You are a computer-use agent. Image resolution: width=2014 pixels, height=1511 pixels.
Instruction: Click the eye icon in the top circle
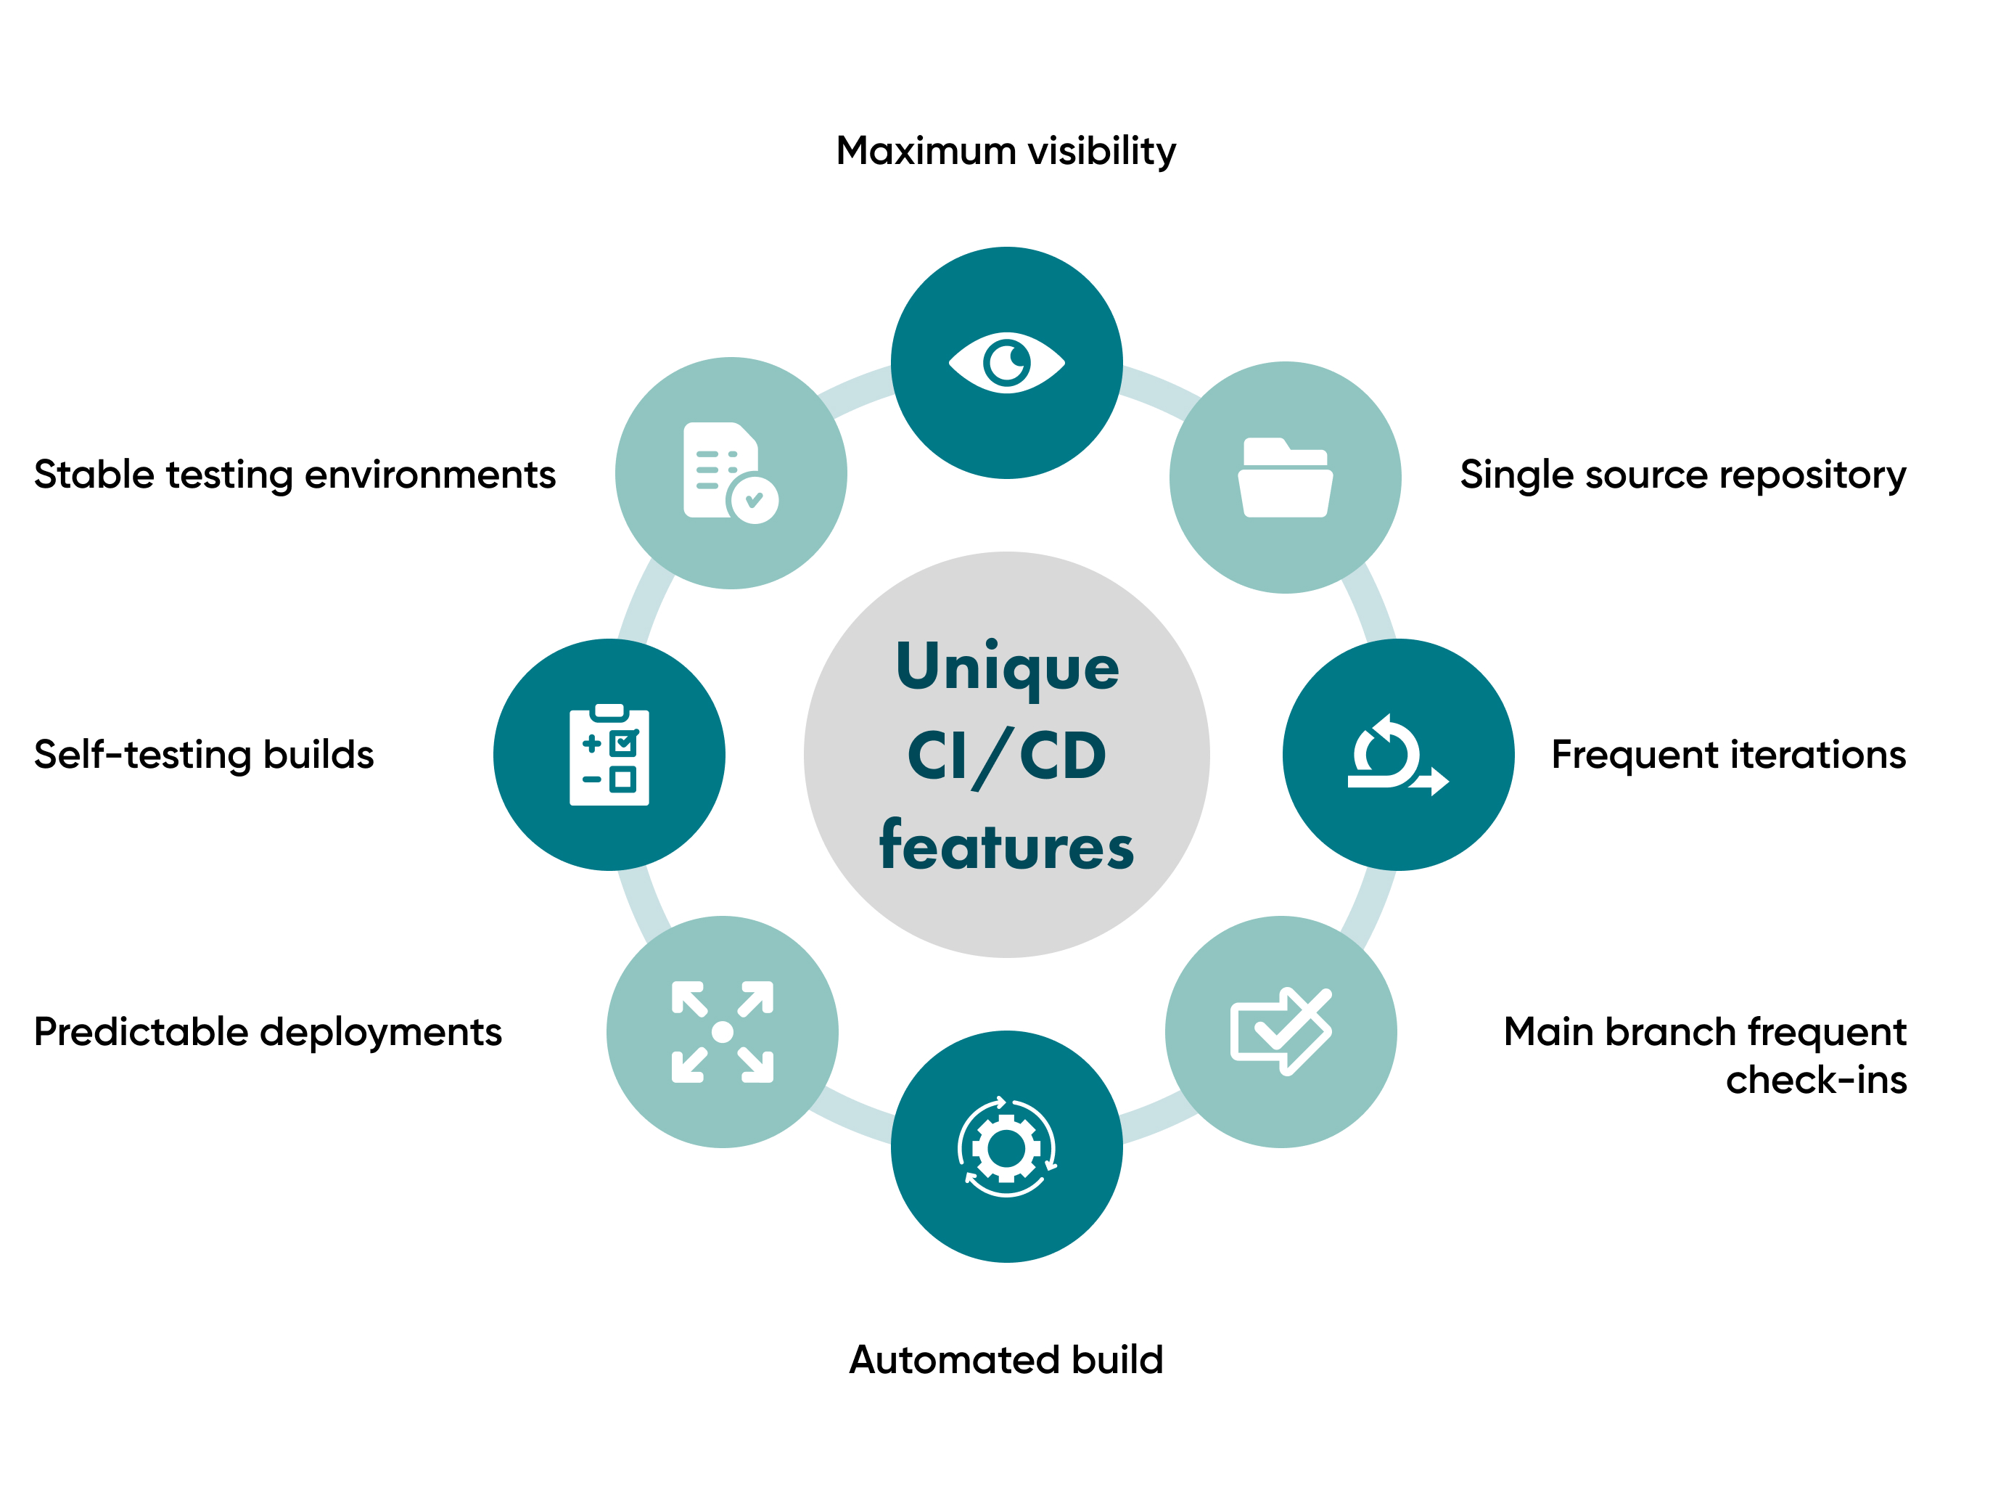(1006, 362)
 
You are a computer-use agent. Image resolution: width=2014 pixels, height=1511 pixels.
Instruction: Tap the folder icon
(1285, 478)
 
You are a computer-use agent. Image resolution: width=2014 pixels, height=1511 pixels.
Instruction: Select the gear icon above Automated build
(1006, 1147)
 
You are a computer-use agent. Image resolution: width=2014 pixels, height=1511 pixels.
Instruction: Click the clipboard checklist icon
(609, 755)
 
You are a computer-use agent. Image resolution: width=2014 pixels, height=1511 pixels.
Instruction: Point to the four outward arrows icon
(722, 1031)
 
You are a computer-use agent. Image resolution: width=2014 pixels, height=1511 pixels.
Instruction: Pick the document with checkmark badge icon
(729, 472)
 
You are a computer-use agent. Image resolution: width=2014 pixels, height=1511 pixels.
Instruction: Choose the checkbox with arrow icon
(1280, 1031)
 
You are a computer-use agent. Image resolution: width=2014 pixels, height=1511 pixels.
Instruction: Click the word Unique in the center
(1007, 667)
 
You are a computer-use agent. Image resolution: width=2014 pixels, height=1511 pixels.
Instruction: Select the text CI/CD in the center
(1006, 756)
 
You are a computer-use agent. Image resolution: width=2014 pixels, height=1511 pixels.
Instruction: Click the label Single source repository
(1682, 475)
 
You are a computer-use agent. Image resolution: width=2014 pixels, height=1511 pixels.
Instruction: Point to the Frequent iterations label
(1728, 755)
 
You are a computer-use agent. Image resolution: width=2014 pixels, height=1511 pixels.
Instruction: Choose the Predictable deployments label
(268, 1032)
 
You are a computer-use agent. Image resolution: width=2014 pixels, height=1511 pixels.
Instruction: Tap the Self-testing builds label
(204, 755)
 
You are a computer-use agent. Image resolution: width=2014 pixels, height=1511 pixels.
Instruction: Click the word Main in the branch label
(1548, 1032)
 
